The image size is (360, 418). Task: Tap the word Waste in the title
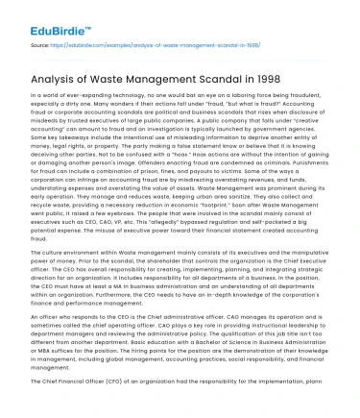tap(128, 80)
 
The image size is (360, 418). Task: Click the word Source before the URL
tap(39, 44)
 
